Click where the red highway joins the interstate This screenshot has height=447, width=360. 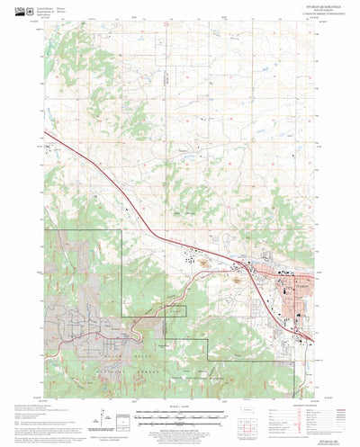tap(236, 261)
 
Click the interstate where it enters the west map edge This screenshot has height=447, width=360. tap(46, 135)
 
